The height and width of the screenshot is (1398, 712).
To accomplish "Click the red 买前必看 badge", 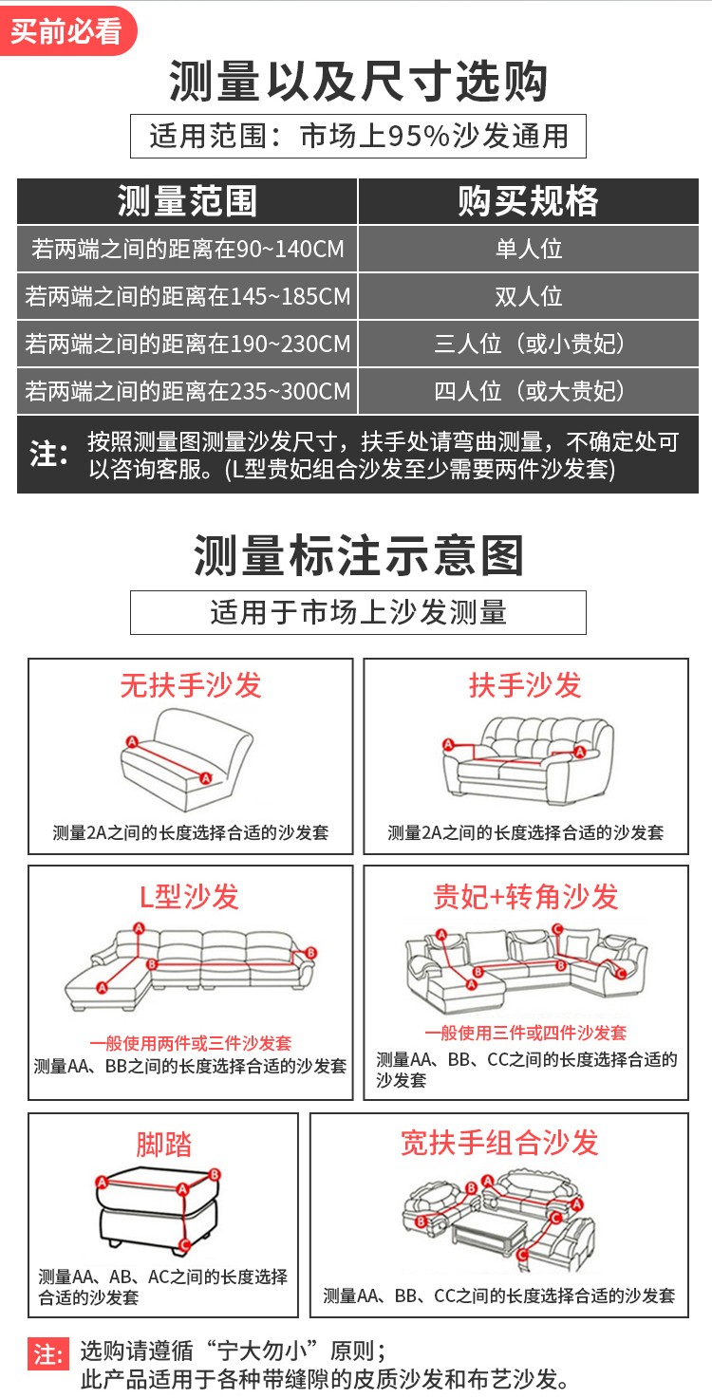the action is pos(66,30).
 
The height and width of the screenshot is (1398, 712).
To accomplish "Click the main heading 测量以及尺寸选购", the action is pos(358,81).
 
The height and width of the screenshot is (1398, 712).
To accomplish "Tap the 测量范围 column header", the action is pos(187,201).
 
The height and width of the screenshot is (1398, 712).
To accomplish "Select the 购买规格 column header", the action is pos(528,201).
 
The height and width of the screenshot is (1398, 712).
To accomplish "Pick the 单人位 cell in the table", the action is pos(529,249).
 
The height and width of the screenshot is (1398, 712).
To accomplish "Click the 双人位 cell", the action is pos(529,296).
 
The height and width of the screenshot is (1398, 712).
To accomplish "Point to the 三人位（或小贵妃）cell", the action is pos(529,344).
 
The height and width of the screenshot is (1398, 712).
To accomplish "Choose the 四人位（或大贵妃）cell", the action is pos(529,391).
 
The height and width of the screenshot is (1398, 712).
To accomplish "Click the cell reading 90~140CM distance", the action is pos(187,249).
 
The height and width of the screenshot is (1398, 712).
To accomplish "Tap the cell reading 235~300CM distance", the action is pos(187,391).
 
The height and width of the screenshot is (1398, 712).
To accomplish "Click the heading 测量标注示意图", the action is pos(358,555).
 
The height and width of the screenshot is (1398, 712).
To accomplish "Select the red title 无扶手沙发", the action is pos(191,685).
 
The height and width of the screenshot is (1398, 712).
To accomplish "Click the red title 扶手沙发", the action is pos(525,685).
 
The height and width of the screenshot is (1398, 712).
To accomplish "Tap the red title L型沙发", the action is pos(189,897).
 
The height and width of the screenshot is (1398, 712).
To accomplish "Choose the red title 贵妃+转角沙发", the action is pos(525,897).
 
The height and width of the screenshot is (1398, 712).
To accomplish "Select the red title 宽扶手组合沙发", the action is pos(499,1143).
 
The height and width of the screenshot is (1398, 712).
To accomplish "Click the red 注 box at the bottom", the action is pos(47,1354).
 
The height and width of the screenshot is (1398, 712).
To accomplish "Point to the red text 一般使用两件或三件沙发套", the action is pos(190,1043).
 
